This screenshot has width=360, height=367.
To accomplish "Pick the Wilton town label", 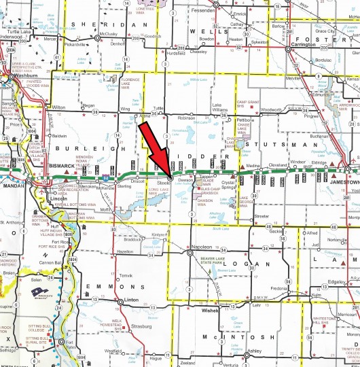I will (60, 107).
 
